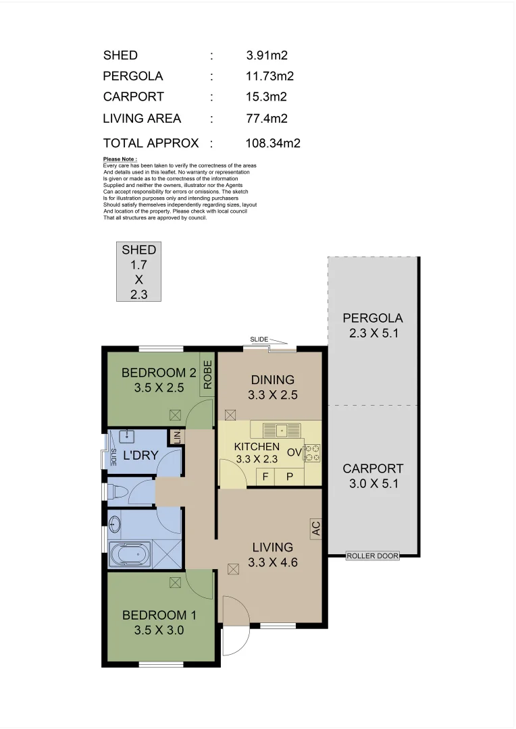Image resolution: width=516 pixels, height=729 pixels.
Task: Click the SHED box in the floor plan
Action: (138, 271)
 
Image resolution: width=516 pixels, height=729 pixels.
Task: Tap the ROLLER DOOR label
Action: (373, 556)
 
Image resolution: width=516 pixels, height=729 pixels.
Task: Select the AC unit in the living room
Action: (315, 528)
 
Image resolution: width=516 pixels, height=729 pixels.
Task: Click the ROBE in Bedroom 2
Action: (207, 374)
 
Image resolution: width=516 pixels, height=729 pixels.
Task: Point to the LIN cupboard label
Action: (176, 437)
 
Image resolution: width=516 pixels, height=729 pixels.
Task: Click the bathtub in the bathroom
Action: (130, 555)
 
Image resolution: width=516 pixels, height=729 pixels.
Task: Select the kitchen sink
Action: (282, 430)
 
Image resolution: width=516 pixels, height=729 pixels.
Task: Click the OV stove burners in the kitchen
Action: (312, 453)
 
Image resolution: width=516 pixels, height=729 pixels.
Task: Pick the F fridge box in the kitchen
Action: (265, 477)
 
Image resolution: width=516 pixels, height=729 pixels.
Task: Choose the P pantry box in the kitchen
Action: (289, 477)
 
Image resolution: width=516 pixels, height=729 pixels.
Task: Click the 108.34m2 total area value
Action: (273, 142)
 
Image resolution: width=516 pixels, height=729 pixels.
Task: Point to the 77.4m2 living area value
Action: (267, 118)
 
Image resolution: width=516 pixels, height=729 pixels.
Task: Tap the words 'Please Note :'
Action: (120, 159)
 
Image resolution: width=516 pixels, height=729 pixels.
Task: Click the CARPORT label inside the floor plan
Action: (373, 468)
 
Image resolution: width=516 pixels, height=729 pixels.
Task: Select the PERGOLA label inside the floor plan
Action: (373, 318)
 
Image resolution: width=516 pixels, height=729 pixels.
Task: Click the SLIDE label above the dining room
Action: (259, 340)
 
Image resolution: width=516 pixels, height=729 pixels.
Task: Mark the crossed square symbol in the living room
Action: (233, 569)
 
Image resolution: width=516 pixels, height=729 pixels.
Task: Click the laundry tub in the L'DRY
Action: (127, 437)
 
